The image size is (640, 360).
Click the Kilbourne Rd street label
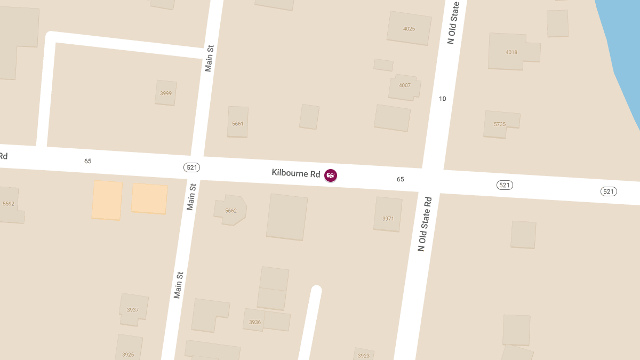click(x=295, y=173)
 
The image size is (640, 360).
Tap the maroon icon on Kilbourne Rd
click(x=331, y=175)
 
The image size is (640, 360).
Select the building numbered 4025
click(x=409, y=29)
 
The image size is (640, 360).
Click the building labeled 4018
click(x=511, y=52)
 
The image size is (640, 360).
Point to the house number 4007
click(x=405, y=85)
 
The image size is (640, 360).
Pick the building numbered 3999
click(x=166, y=93)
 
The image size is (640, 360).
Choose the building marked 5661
click(x=238, y=124)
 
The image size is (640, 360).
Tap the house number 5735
click(x=500, y=124)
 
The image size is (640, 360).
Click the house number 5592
click(x=9, y=204)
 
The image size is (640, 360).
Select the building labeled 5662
click(x=231, y=211)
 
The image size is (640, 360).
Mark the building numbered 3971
click(x=388, y=219)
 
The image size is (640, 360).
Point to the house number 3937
click(x=133, y=310)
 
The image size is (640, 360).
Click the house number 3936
click(x=255, y=322)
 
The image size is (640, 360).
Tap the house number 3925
click(x=128, y=355)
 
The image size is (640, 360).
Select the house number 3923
click(x=363, y=355)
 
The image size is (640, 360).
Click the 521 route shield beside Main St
click(x=192, y=167)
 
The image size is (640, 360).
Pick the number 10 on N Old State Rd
click(x=442, y=99)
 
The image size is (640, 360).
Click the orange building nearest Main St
click(x=149, y=198)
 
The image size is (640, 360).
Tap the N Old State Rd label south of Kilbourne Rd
click(x=425, y=224)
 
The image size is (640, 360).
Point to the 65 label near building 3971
click(x=401, y=179)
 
